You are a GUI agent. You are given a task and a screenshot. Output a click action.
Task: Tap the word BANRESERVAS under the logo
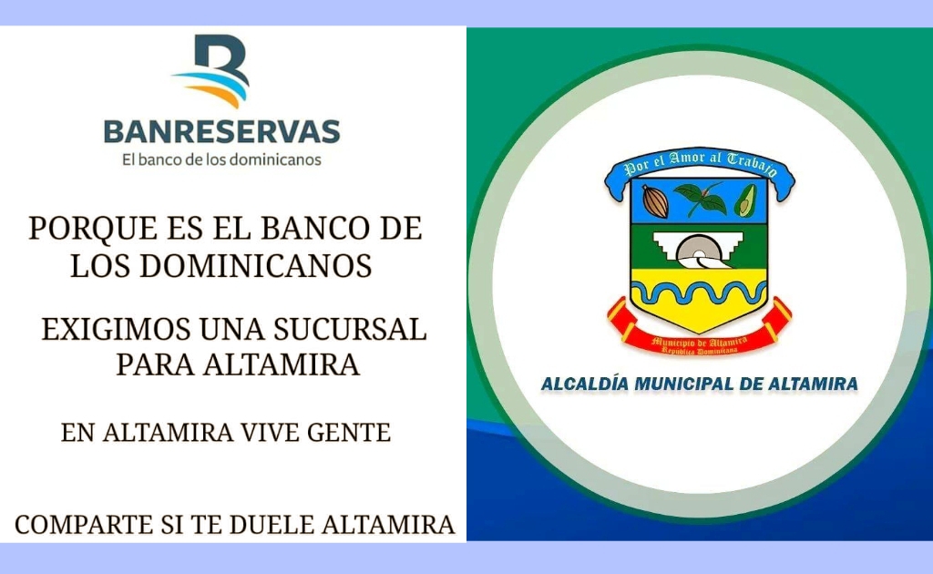[x=222, y=132]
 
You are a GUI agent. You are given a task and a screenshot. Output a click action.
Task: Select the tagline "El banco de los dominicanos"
[x=221, y=160]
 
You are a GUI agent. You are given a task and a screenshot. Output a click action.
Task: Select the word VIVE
[x=270, y=433]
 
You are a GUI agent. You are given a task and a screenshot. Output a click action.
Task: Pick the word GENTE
[x=349, y=433]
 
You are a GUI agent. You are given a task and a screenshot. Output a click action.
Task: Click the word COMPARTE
[x=84, y=525]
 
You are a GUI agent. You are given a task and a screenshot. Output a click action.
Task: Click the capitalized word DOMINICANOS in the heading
[x=256, y=266]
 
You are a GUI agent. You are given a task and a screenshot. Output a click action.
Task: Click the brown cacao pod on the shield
[x=655, y=201]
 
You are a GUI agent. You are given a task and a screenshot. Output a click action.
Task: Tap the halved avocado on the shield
[x=745, y=200]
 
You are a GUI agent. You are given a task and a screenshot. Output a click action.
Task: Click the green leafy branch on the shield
[x=701, y=200]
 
